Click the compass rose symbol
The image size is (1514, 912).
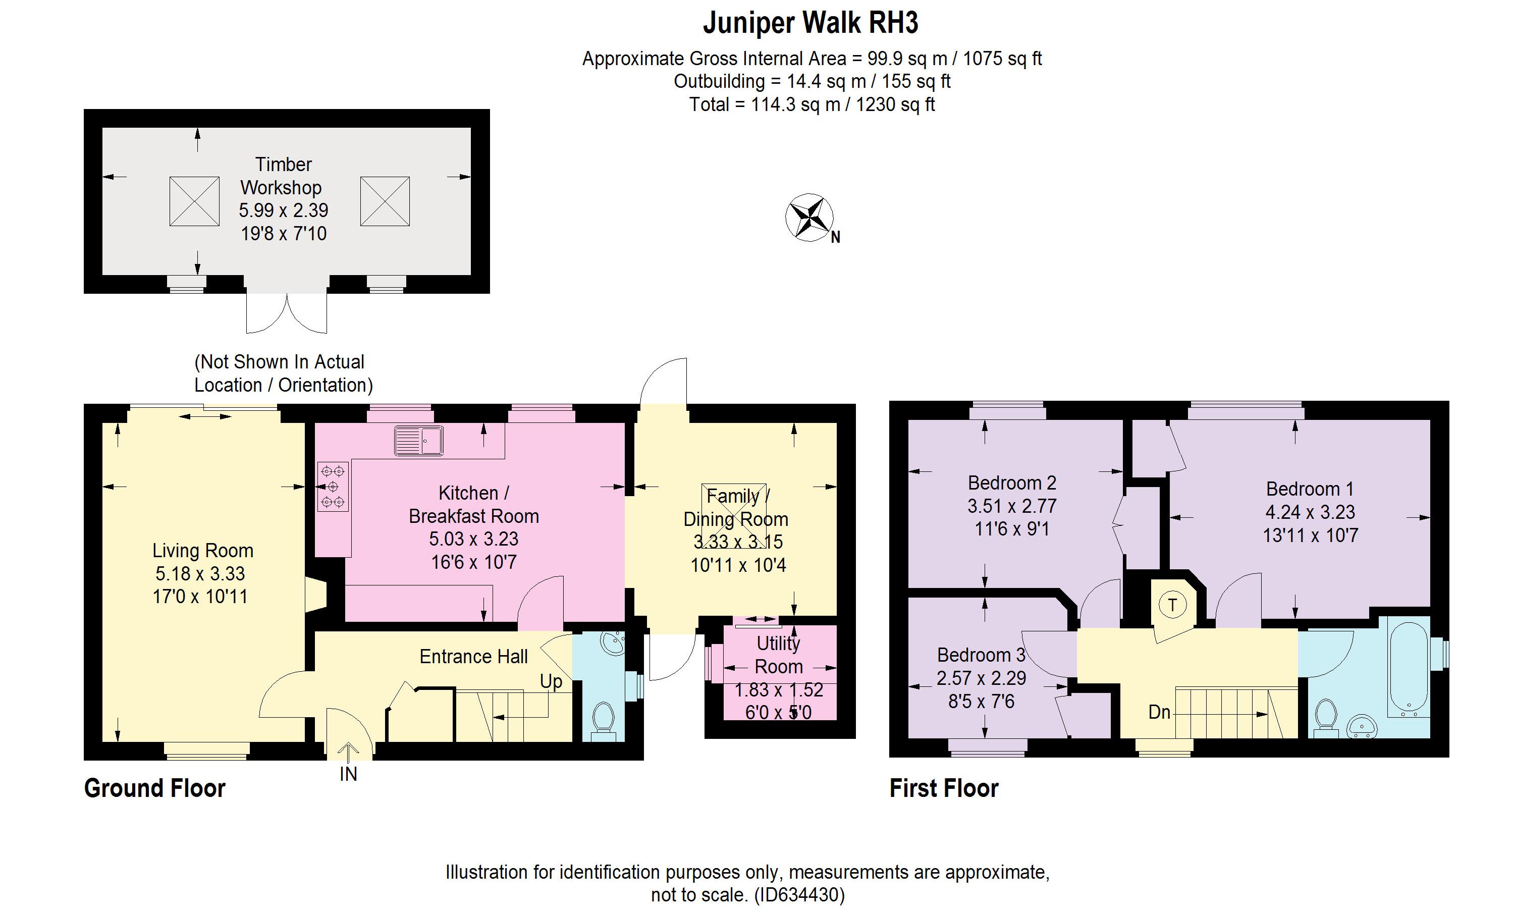[809, 218]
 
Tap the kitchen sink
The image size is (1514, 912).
[419, 440]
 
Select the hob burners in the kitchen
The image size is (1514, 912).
[333, 487]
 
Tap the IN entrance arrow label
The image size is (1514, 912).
[348, 774]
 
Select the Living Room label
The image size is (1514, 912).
[203, 551]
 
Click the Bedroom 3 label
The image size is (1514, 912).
[981, 655]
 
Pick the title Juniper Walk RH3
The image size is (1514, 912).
[810, 23]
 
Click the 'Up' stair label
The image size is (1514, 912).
[551, 681]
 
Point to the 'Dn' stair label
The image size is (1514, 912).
[1159, 712]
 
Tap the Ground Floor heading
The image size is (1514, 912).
[155, 788]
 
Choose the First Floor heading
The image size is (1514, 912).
[944, 788]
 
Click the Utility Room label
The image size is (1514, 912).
[779, 655]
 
